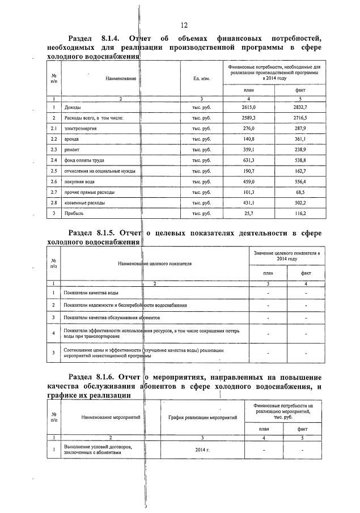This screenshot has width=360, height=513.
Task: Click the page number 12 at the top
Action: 184,25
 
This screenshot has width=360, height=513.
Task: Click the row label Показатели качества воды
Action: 91,292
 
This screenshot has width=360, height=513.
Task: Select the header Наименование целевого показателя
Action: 155,264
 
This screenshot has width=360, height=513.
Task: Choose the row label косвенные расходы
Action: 85,203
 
